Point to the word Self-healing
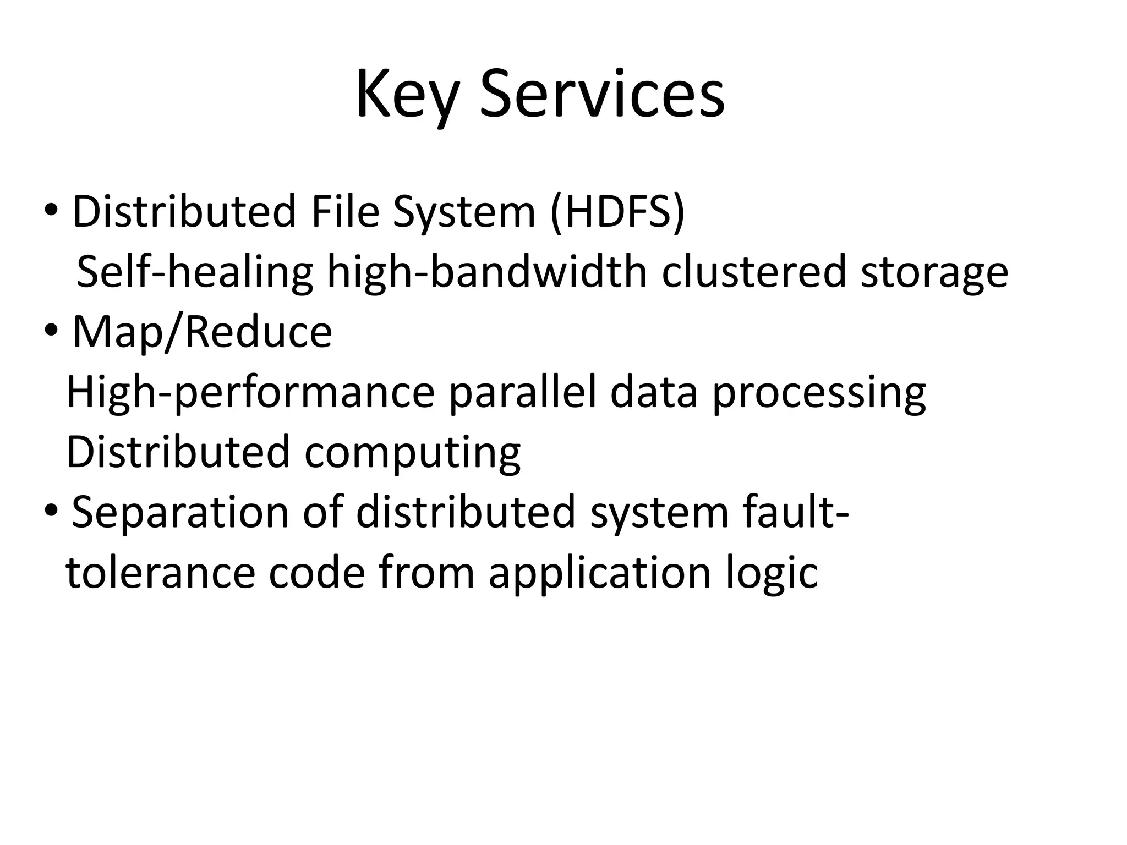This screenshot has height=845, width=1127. pos(194,272)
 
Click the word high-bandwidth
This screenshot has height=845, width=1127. pos(487,272)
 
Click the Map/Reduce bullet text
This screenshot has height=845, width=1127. pos(202,332)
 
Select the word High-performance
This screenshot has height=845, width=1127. pos(250,393)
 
